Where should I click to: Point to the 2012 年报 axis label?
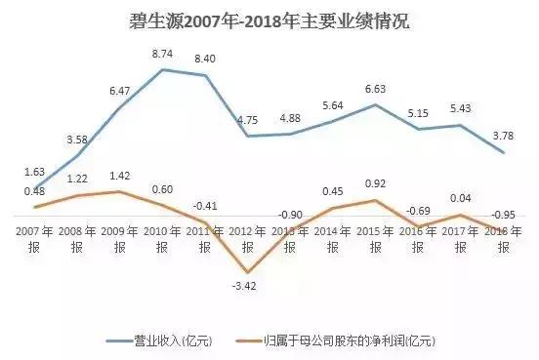pos(247,238)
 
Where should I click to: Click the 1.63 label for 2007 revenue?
pos(35,173)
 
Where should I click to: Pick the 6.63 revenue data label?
pos(375,89)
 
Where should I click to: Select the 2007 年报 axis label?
pos(35,238)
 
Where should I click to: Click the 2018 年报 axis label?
pos(503,238)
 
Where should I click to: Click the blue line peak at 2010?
pos(162,69)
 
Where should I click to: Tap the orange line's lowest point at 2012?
pos(247,272)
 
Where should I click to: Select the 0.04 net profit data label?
pos(461,199)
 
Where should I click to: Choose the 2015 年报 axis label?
pos(375,238)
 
